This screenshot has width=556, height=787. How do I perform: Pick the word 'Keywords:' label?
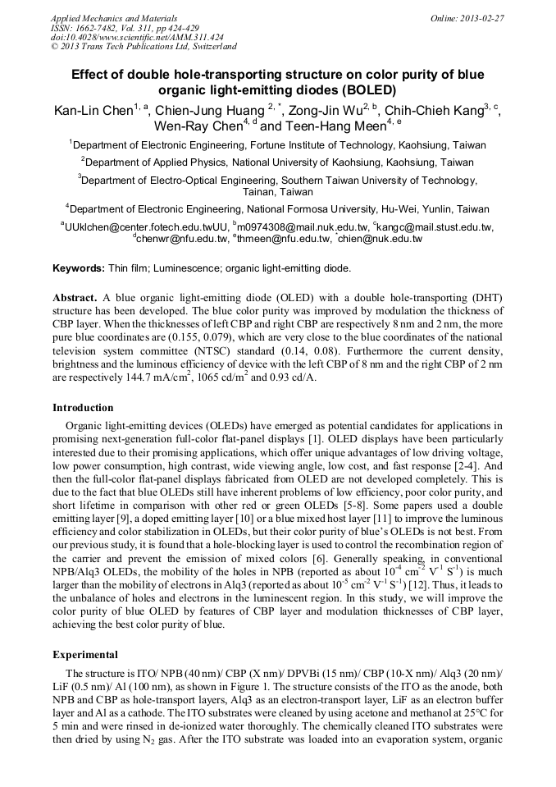(78, 268)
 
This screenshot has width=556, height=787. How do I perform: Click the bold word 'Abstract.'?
(75, 296)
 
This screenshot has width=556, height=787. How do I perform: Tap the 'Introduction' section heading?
(83, 408)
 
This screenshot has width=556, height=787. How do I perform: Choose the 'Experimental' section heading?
(84, 656)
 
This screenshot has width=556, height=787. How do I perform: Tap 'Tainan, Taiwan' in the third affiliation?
(279, 191)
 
